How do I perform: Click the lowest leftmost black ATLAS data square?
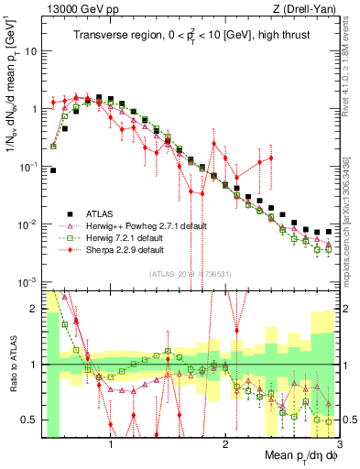point(53,170)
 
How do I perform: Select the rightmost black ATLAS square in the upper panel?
point(329,231)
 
